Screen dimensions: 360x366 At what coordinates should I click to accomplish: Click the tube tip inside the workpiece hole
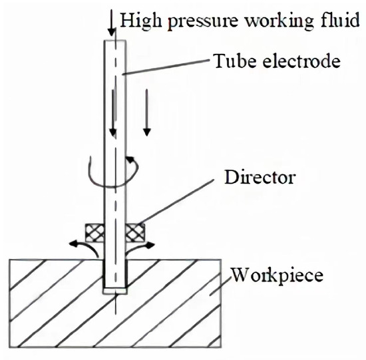pos(116,289)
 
